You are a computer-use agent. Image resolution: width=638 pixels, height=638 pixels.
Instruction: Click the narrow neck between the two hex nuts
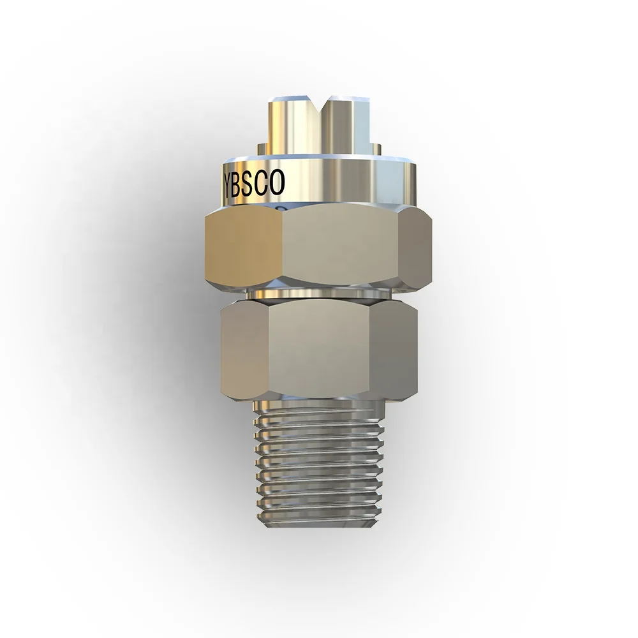tap(319, 294)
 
